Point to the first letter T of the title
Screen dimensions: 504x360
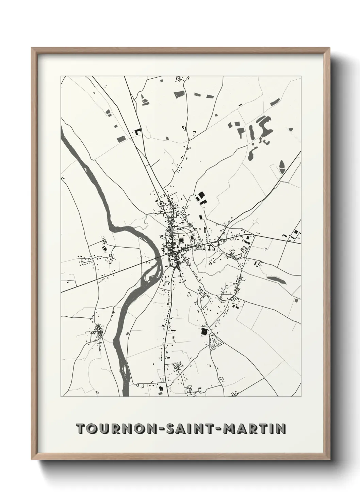80,428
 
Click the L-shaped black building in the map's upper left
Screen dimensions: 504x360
138,131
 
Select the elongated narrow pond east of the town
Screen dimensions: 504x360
276,280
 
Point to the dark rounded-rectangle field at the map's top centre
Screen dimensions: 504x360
179,94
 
